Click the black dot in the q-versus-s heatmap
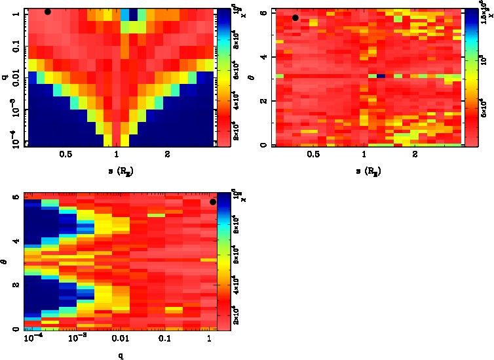coord(48,12)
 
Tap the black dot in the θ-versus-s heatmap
coord(295,18)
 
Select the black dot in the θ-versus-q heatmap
coord(213,202)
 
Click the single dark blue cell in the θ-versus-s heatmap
coord(380,76)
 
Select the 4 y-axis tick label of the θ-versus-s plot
coord(263,57)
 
